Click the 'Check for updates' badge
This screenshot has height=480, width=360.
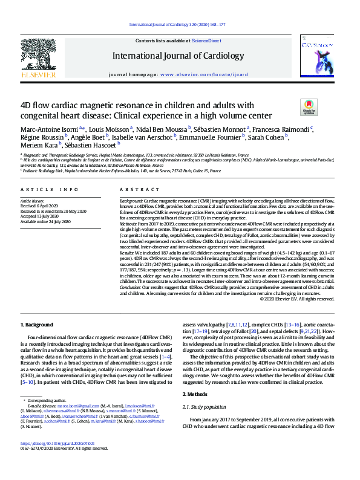tap(309, 108)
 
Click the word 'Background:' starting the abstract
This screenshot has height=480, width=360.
tap(131, 200)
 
